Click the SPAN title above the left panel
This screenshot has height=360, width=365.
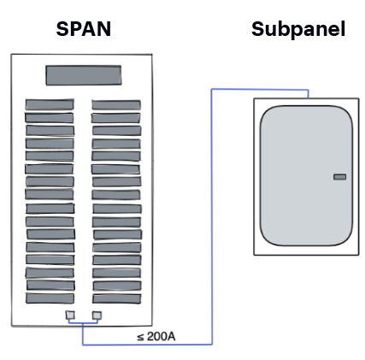coord(83,29)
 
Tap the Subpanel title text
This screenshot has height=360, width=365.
coord(298,29)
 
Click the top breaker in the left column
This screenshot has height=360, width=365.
coord(49,104)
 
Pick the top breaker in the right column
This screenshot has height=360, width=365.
coord(115,104)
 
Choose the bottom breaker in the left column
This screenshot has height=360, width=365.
coord(49,298)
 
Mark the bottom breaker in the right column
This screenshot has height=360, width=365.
coord(115,298)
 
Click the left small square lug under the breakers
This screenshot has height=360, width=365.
coord(70,316)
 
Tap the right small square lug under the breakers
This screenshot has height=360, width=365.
coord(97,316)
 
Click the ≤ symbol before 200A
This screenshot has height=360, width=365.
coord(140,336)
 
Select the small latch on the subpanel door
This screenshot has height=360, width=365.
coord(339,177)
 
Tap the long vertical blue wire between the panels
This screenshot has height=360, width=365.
coord(211,214)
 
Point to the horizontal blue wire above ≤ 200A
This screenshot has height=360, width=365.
coord(145,344)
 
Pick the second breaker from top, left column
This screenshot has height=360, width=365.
coord(49,117)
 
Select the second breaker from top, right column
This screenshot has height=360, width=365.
coord(115,117)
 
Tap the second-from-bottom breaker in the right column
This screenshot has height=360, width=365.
coord(115,285)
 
